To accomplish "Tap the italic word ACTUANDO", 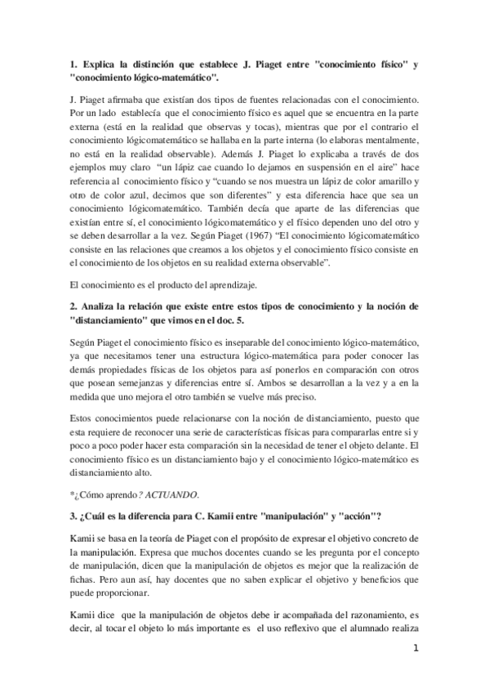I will pos(169,494).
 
